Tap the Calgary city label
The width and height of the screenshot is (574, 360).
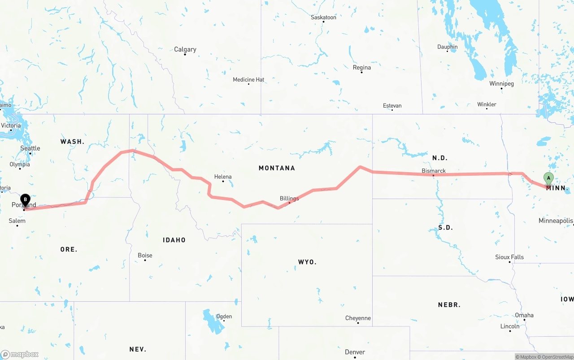[x=185, y=49]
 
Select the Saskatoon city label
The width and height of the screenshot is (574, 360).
[x=323, y=17]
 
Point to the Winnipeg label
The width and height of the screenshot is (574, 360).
[x=501, y=84]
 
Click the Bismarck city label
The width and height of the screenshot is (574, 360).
[x=434, y=171]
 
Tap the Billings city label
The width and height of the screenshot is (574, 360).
[x=289, y=199]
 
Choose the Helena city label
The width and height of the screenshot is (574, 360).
[x=223, y=177]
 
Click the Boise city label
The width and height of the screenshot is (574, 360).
[x=145, y=256]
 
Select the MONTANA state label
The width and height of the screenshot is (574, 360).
[x=277, y=168]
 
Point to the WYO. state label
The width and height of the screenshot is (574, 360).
[x=307, y=262]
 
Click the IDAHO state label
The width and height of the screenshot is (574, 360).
[x=174, y=240]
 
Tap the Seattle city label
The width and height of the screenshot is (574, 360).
[x=30, y=148]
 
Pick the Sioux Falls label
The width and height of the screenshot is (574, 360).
[x=509, y=257]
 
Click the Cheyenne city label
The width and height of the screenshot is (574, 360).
[x=358, y=318]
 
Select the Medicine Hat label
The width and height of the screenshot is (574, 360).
[x=248, y=80]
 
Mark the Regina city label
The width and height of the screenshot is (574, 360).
[x=362, y=68]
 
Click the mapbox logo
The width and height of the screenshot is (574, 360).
[x=20, y=355]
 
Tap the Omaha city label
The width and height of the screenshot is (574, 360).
[x=524, y=315]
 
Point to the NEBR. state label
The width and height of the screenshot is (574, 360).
[x=449, y=305]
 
